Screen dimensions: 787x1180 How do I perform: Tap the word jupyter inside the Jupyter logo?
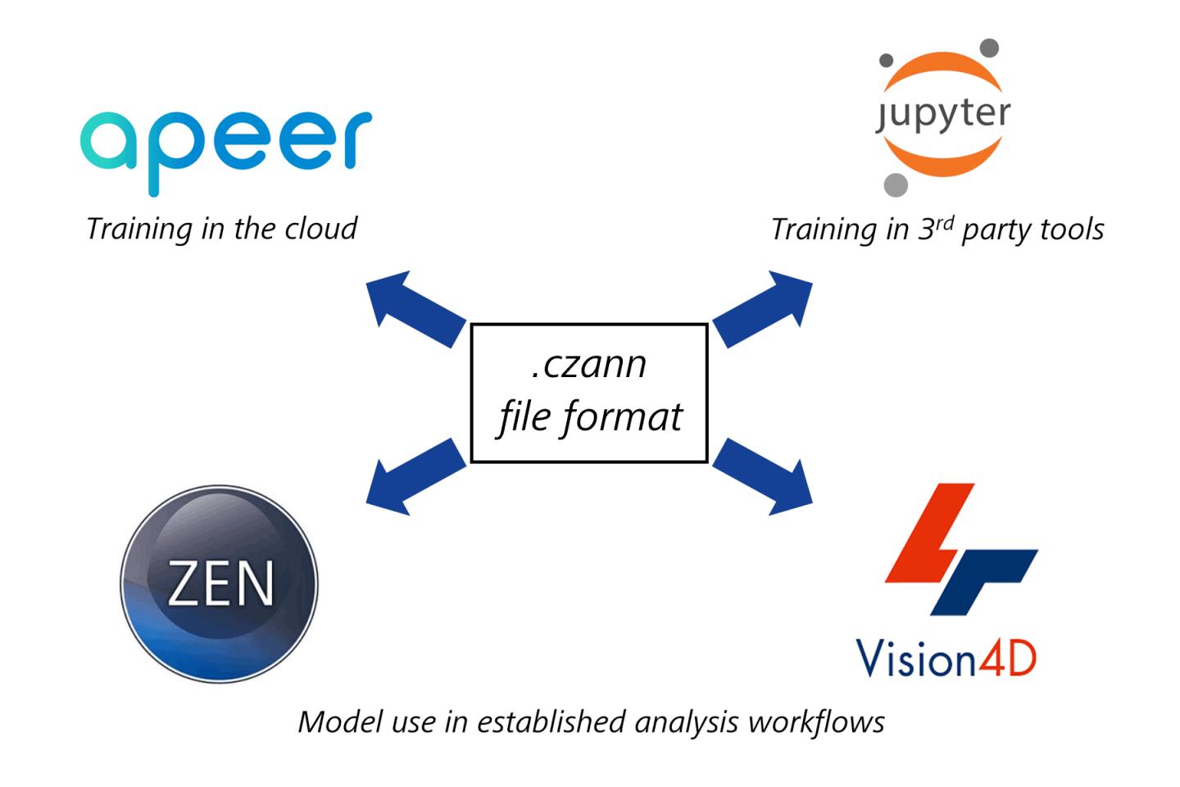pos(942,114)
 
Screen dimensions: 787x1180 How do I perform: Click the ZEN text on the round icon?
pos(220,585)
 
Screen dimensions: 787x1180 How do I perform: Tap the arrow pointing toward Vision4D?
pos(762,477)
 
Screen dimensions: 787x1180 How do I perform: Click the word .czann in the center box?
pos(588,364)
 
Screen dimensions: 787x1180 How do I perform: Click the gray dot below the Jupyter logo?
pos(896,184)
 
